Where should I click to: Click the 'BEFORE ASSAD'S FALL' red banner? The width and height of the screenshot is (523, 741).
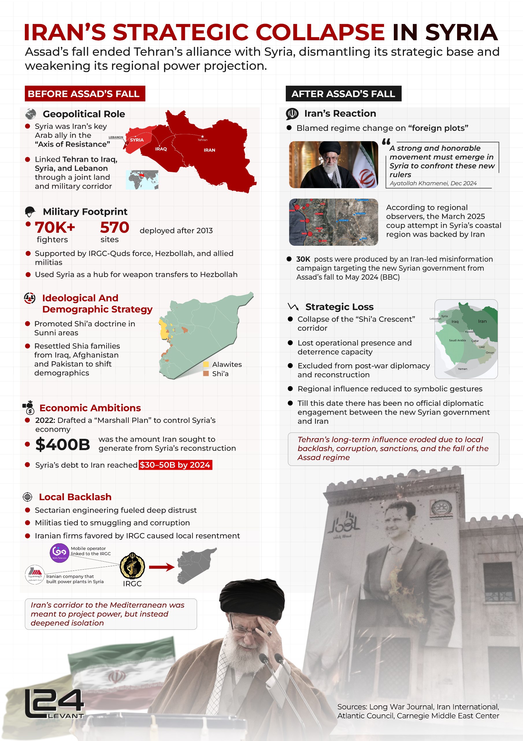85,93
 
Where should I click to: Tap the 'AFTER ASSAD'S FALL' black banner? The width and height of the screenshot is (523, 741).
343,93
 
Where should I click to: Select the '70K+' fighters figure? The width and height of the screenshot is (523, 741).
55,228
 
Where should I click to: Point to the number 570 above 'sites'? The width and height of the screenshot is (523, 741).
114,228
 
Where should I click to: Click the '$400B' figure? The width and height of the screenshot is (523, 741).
62,444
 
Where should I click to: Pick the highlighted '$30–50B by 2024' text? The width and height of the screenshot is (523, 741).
175,465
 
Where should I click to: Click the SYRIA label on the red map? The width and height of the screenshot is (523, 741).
137,140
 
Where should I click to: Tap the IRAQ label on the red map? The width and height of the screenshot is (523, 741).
161,149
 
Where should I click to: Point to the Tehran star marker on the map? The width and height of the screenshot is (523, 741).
202,137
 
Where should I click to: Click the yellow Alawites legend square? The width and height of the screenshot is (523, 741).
206,364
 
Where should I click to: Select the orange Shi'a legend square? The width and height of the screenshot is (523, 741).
206,373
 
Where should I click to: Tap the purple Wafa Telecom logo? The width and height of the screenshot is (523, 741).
59,553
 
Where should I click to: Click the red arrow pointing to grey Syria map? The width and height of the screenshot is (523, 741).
162,567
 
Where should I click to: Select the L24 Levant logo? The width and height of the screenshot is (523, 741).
54,704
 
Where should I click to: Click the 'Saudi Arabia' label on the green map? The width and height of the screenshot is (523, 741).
457,340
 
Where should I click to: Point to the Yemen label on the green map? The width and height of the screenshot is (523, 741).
462,368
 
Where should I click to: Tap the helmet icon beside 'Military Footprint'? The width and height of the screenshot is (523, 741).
30,212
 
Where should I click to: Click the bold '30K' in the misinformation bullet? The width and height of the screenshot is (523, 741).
303,259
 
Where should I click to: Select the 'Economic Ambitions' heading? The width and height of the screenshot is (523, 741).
90,408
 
